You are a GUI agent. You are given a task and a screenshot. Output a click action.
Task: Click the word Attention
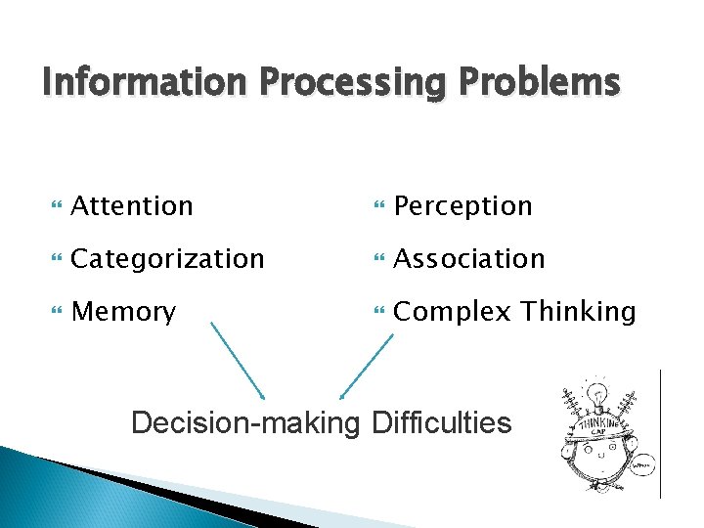click(x=132, y=206)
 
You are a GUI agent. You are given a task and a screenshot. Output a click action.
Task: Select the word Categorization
click(x=168, y=259)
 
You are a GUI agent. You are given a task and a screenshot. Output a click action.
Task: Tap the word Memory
click(x=124, y=313)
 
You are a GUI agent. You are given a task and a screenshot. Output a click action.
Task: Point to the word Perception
click(x=462, y=206)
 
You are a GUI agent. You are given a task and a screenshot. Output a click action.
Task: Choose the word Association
click(x=468, y=259)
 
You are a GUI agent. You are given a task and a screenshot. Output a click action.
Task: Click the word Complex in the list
click(x=453, y=313)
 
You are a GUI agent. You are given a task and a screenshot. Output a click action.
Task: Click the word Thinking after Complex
click(x=578, y=313)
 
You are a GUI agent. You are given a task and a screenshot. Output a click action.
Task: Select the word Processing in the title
click(x=347, y=83)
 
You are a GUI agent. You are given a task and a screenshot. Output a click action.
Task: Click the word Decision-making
click(x=245, y=422)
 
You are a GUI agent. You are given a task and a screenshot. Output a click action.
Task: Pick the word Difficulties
click(x=440, y=422)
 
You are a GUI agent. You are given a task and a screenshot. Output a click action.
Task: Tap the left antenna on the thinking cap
click(x=569, y=402)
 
